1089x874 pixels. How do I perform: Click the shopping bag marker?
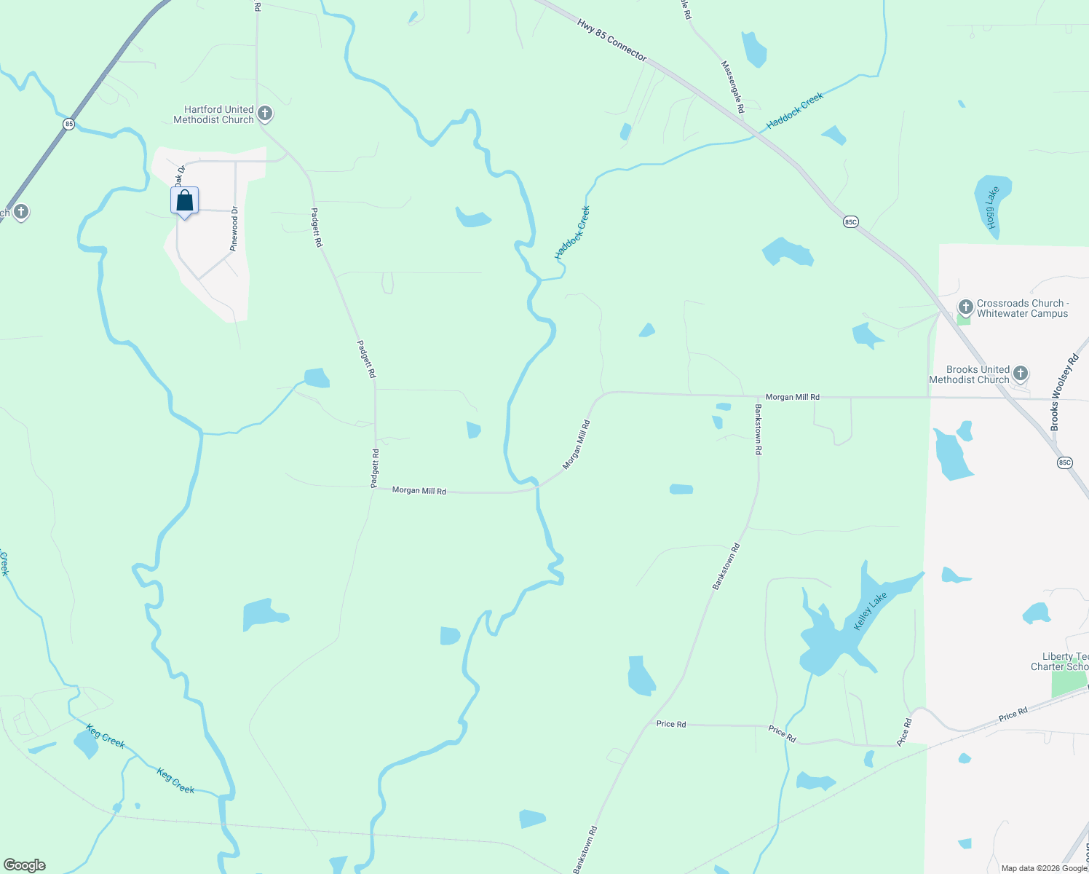[185, 201]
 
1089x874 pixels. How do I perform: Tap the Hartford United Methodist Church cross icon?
[265, 114]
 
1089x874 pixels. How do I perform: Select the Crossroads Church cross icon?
[966, 307]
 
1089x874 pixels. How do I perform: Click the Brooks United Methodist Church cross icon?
[1021, 374]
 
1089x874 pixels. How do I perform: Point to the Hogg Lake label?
[992, 208]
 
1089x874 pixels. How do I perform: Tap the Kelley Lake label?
[871, 611]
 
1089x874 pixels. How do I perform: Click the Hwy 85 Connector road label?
[611, 39]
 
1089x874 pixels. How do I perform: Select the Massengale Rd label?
[732, 86]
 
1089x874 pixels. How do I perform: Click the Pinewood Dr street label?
[234, 229]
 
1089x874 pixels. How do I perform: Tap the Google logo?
[25, 865]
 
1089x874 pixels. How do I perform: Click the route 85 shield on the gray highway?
[68, 124]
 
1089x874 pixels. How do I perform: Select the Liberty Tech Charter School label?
[1061, 661]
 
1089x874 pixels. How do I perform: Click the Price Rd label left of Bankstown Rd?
[670, 724]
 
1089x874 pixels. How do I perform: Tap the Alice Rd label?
[904, 732]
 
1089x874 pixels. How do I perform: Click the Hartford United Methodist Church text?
[214, 114]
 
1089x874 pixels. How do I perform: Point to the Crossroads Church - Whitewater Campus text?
[1022, 308]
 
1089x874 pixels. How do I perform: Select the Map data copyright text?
[1044, 868]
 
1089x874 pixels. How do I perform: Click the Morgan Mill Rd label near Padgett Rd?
[419, 491]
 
